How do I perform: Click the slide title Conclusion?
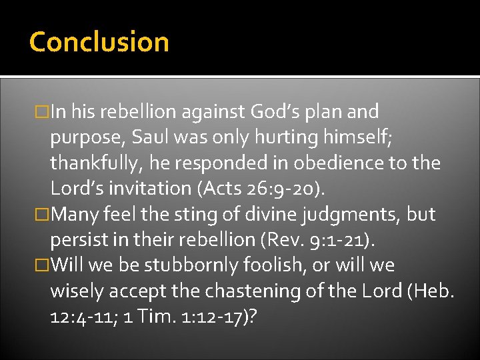tap(99, 41)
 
